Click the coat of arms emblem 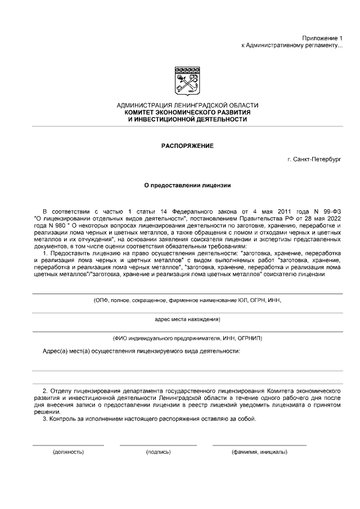(187, 81)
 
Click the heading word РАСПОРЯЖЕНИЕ (187, 146)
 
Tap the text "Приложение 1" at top (322, 37)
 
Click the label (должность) (68, 452)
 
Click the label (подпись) (158, 452)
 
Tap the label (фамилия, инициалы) (259, 452)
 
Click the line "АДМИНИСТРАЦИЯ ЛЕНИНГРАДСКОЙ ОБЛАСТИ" (187, 106)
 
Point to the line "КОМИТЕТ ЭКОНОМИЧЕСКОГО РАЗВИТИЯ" (187, 112)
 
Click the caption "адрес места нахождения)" (187, 319)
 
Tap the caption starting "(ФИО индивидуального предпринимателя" (187, 338)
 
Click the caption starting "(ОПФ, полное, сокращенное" (187, 300)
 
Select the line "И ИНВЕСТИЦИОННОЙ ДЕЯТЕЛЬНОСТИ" (187, 119)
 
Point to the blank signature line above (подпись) (158, 445)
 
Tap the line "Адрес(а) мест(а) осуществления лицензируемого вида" (142, 352)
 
